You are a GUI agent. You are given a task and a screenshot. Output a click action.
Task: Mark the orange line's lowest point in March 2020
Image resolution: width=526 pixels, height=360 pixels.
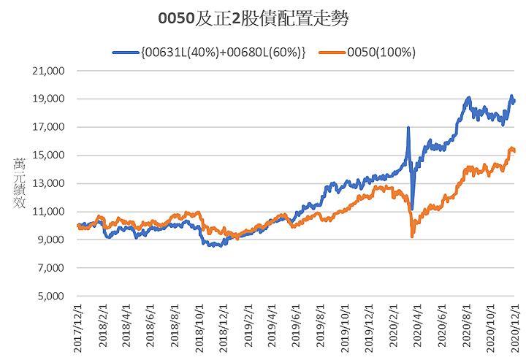click(x=413, y=236)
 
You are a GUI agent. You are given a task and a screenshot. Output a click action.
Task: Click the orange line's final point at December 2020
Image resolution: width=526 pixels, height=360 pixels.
click(x=514, y=151)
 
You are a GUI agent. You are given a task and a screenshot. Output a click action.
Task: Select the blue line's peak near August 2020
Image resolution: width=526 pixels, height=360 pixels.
click(x=468, y=98)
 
